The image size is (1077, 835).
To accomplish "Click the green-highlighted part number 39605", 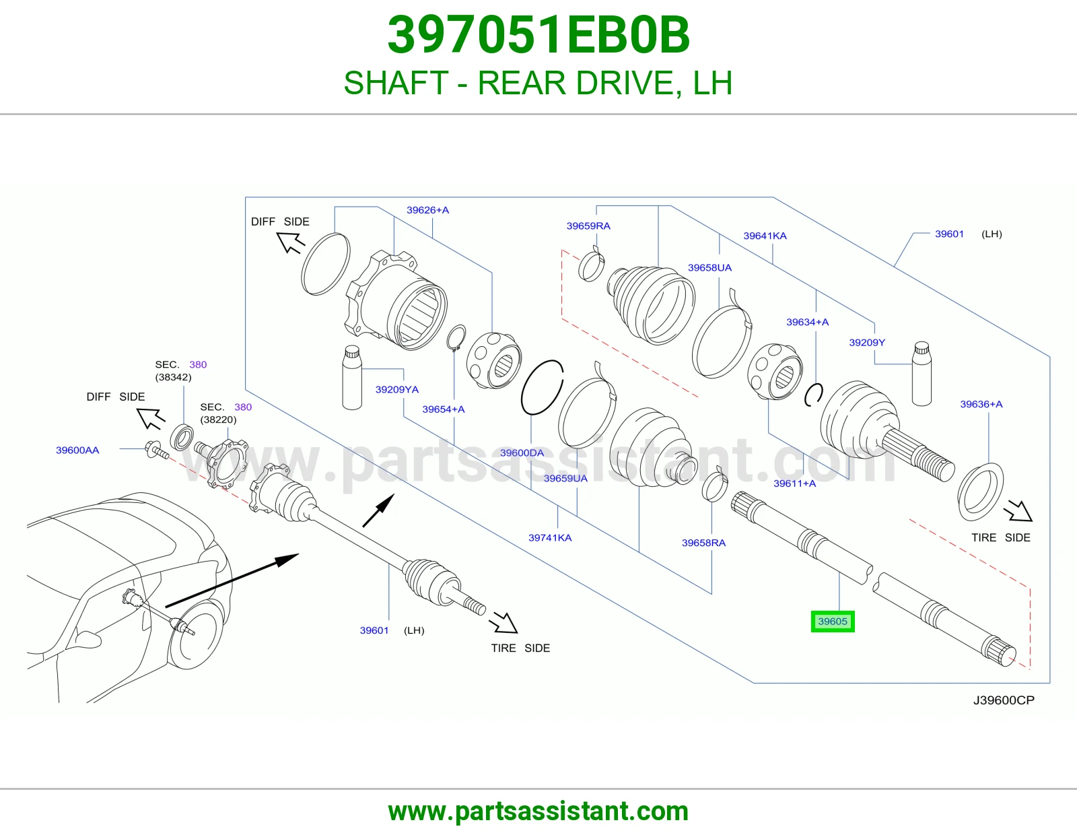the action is coord(833,622).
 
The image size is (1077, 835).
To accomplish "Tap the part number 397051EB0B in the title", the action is coord(538,35).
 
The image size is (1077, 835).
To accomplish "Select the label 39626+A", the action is coord(427,210).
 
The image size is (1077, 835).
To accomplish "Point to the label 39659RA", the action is coord(588,226).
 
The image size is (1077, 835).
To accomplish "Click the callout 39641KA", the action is coord(765,236).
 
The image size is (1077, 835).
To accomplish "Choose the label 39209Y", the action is coord(867,343).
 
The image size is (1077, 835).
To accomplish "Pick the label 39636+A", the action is coord(981,404).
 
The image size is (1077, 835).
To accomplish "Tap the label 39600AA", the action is coord(77,450).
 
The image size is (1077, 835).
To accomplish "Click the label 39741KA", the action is coord(550,538).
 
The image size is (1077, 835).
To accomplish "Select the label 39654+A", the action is coord(443,409).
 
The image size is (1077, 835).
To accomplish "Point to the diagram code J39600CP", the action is coord(1004,700).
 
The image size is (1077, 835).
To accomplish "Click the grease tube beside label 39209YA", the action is coord(352,377).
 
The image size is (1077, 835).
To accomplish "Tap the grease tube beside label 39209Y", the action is coord(922,373).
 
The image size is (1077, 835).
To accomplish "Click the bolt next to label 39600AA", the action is coord(157,450).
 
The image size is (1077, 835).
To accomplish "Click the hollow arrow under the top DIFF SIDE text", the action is coord(291,243).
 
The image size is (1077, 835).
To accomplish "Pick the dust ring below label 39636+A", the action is coord(980,492).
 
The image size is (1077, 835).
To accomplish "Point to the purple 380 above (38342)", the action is coord(198,365).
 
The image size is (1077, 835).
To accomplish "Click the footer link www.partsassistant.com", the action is coord(538,811).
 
